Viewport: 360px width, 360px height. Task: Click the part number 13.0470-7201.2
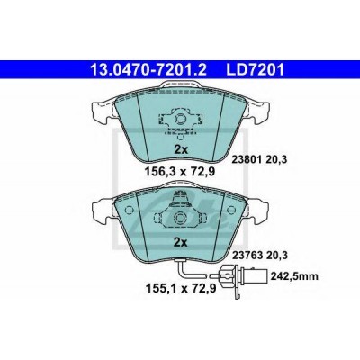[x=148, y=70]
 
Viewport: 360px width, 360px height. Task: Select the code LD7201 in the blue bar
[x=252, y=70]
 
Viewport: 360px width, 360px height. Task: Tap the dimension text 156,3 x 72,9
[x=180, y=172]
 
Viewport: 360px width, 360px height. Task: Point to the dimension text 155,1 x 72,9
[x=180, y=288]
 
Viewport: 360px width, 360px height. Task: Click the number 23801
[x=247, y=159]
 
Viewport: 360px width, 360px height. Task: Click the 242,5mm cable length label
[x=294, y=276]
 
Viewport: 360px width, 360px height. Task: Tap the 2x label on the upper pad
[x=181, y=149]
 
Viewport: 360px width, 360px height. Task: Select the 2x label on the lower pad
[x=181, y=242]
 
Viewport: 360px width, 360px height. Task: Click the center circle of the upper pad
[x=181, y=120]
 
